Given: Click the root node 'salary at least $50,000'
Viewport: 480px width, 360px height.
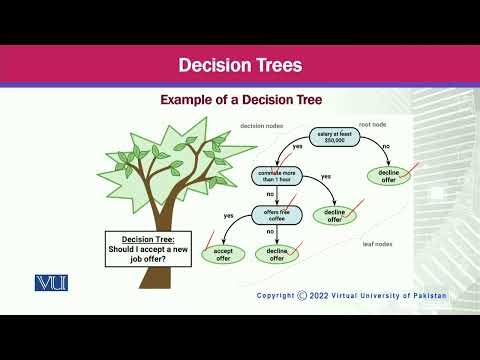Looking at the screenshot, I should (x=337, y=137).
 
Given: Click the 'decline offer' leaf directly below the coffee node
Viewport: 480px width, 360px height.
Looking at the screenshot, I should (x=278, y=255).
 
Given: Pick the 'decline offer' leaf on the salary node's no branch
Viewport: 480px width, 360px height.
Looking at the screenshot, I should (x=390, y=177).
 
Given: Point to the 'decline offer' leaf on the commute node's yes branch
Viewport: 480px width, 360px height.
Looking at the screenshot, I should (x=337, y=215).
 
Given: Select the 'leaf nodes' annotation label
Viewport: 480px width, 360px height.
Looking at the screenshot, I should (x=379, y=243).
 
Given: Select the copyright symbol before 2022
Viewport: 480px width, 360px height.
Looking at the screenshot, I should (x=304, y=296).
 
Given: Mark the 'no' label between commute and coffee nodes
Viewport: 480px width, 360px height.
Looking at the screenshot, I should (x=270, y=196).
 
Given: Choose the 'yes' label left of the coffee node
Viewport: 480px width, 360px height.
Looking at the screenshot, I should (x=228, y=215).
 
